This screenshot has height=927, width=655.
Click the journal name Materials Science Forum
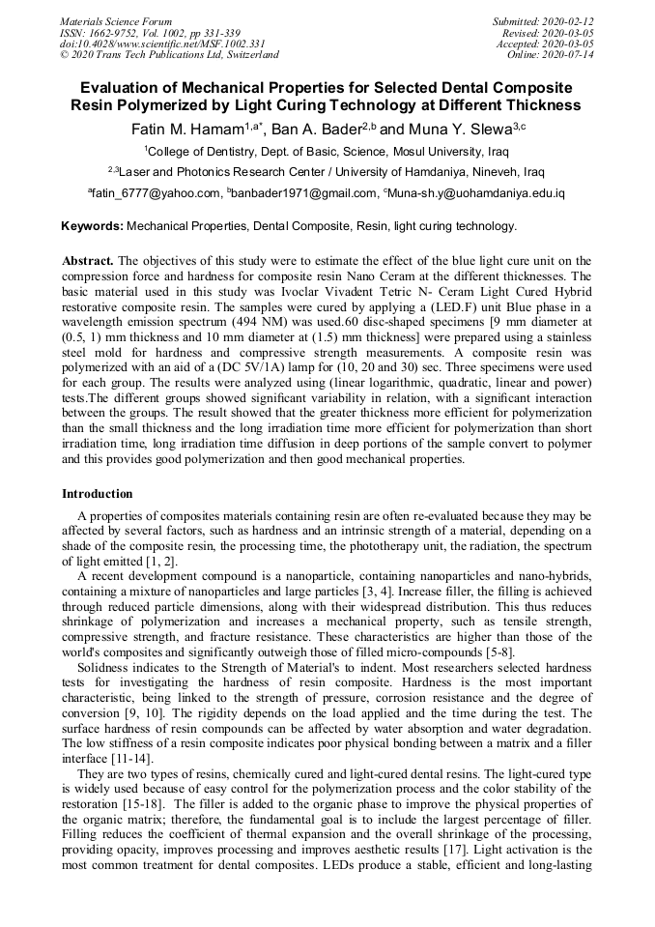116,21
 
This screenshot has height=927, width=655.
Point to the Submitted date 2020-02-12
545,21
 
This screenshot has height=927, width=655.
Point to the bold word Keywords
92,227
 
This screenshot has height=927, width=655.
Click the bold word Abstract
88,262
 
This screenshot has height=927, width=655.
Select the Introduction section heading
98,494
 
